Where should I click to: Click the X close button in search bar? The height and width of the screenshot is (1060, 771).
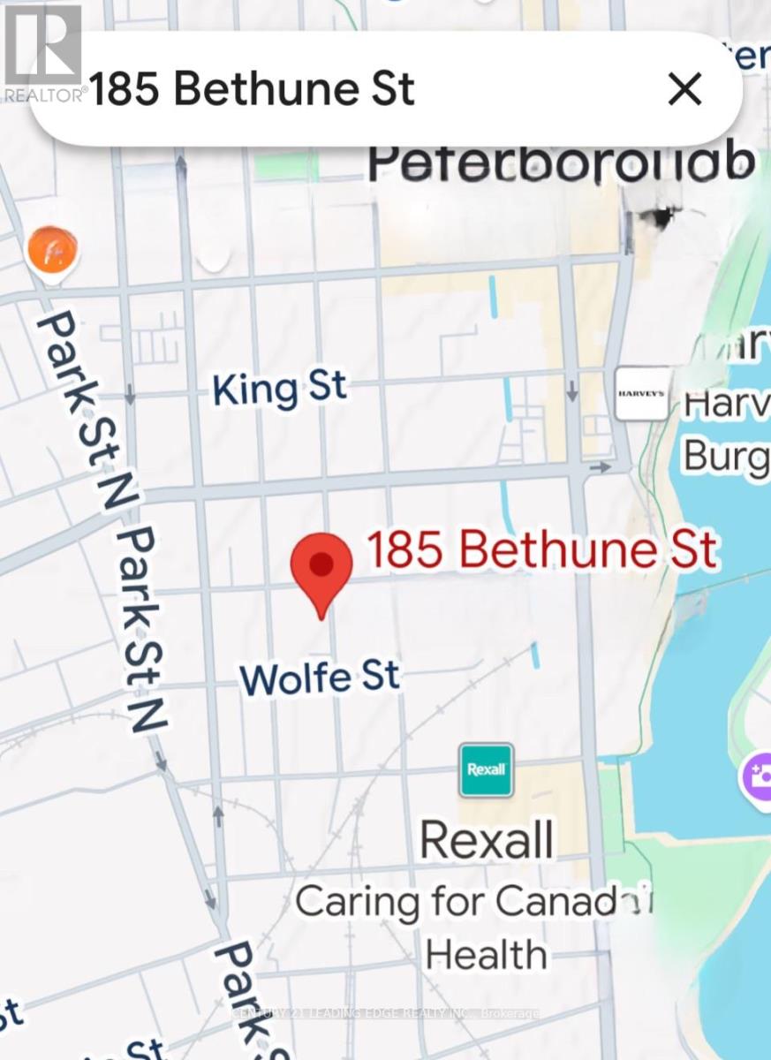(684, 89)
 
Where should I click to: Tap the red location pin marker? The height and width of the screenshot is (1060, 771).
(321, 568)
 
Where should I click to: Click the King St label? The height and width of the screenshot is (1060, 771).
(279, 389)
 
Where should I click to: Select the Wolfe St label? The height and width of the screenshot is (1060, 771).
(320, 678)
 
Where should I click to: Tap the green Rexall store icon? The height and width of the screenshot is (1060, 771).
(486, 769)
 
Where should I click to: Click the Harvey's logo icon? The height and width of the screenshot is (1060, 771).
(642, 393)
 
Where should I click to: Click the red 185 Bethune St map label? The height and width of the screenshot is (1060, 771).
(541, 549)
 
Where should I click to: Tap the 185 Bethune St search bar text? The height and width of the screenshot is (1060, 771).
(253, 89)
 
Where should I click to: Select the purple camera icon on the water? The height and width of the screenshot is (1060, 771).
(758, 777)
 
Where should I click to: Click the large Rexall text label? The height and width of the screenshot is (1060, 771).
(487, 839)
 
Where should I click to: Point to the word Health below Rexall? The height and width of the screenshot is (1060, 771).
(486, 955)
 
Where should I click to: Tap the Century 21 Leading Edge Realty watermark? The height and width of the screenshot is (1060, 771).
(386, 1013)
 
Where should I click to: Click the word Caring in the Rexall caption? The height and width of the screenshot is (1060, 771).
(357, 902)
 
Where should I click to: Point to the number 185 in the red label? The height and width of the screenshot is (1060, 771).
(404, 549)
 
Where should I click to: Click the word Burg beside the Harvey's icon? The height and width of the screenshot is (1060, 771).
(726, 457)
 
